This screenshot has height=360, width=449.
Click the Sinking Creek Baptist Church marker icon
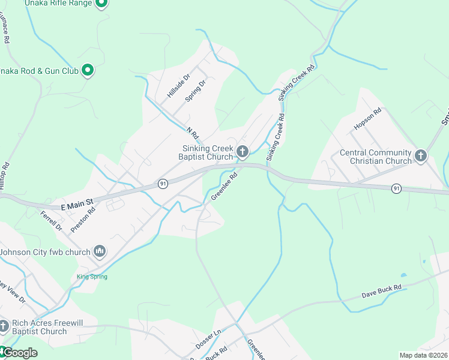[x=243, y=151]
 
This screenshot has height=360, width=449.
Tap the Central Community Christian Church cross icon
[x=421, y=156]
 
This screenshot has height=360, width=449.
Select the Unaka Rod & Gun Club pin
[x=88, y=71]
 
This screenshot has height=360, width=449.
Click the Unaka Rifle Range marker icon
[x=101, y=3]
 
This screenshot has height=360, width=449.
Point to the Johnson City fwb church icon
[x=100, y=251]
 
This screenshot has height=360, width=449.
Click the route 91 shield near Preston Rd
[x=163, y=184]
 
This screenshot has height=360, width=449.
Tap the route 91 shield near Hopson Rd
[x=396, y=188]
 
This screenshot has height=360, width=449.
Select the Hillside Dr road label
[x=178, y=86]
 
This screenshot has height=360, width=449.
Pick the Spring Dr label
[x=196, y=91]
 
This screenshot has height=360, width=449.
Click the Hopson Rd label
[x=367, y=119]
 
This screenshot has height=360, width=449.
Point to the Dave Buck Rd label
[x=381, y=292]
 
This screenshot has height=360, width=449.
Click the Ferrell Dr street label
[x=51, y=221]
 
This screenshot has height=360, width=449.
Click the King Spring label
[x=92, y=277]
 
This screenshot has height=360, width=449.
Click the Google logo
[x=19, y=353]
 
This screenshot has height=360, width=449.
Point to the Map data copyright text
[x=423, y=355]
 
